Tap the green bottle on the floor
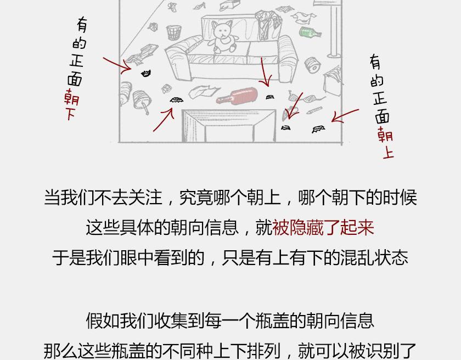click(x=310, y=32)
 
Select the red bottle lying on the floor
click(x=238, y=95)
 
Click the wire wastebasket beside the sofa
click(x=174, y=32)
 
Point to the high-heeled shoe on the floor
click(x=199, y=5)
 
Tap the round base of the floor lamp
click(x=335, y=55)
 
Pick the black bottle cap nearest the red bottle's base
click(x=270, y=97)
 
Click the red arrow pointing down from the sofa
click(x=265, y=72)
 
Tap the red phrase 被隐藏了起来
click(x=323, y=227)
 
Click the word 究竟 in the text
click(x=196, y=197)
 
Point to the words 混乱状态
click(x=374, y=258)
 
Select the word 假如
click(x=103, y=320)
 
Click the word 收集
click(x=171, y=320)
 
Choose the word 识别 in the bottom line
click(x=382, y=351)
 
